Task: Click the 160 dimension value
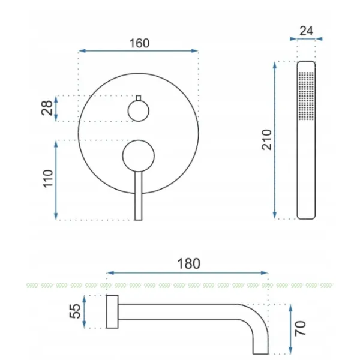pos(139,43)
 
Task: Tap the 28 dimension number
pos(47,108)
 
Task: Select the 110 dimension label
pos(48,179)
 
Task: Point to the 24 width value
pos(306,31)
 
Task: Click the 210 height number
pos(266,140)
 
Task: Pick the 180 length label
pos(188,263)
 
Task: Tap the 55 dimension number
pos(75,311)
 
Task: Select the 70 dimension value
pos(301,328)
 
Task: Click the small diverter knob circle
pos(139,111)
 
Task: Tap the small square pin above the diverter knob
pos(139,98)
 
